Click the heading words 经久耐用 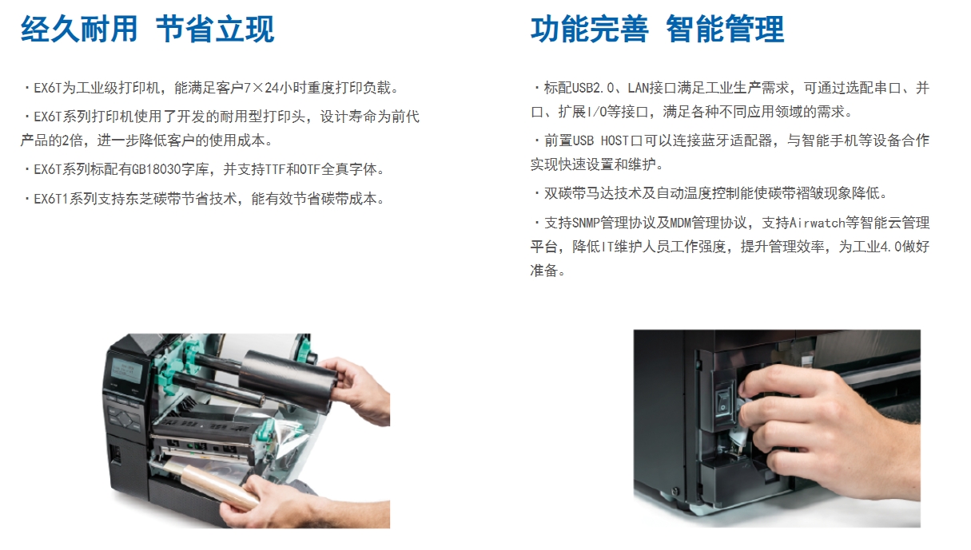[79, 29]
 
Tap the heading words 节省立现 [215, 29]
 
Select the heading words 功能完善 [590, 29]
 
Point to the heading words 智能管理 [725, 29]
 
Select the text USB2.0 [592, 88]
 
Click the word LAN [639, 88]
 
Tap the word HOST [615, 140]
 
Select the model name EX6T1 [51, 199]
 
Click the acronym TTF [276, 169]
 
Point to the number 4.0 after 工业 [890, 247]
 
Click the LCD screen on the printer [127, 371]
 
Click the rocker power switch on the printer [723, 399]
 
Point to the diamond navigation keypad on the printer [125, 418]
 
